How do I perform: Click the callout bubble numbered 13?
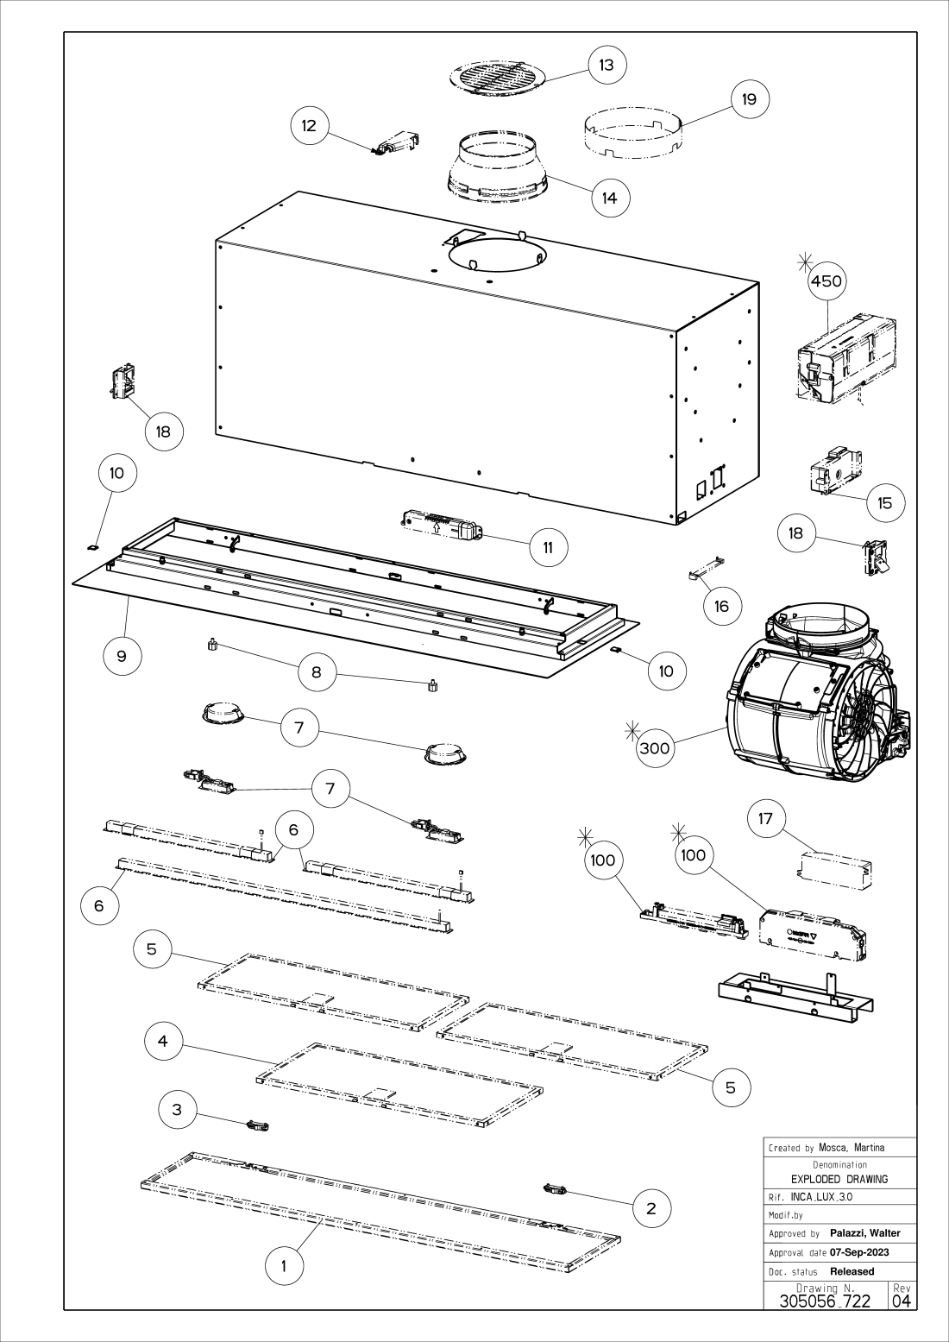607,65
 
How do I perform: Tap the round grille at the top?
498,78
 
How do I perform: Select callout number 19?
750,99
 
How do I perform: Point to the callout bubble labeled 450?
826,280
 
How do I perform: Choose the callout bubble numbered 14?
610,197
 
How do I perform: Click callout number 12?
309,125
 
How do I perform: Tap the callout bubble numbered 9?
123,655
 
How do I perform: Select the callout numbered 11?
549,547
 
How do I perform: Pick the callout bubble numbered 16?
722,606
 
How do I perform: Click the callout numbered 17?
766,818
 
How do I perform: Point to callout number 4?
163,1041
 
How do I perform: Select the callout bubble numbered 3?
177,1109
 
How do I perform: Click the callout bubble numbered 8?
317,671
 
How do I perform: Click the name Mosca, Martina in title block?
851,1147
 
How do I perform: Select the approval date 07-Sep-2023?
859,1252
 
